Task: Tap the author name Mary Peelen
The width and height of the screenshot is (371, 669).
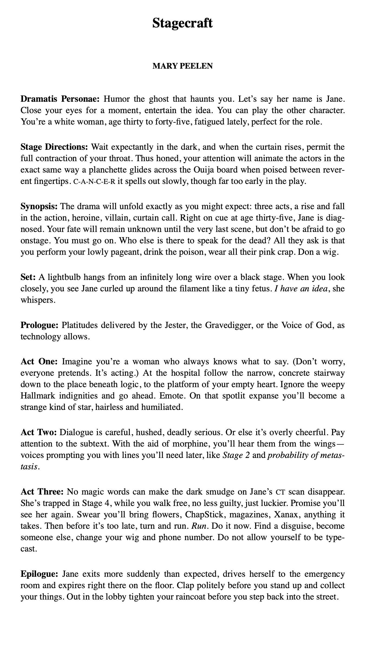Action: (183, 66)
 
